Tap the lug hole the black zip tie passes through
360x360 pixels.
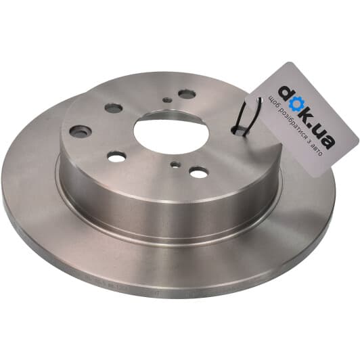[x=240, y=131]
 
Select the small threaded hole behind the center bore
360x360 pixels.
[x=166, y=100]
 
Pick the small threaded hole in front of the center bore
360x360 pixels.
[x=175, y=164]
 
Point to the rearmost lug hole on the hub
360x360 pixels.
[x=187, y=93]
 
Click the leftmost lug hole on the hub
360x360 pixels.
[x=81, y=131]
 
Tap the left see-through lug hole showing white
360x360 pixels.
[x=116, y=156]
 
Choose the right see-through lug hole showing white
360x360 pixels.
[x=198, y=172]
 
